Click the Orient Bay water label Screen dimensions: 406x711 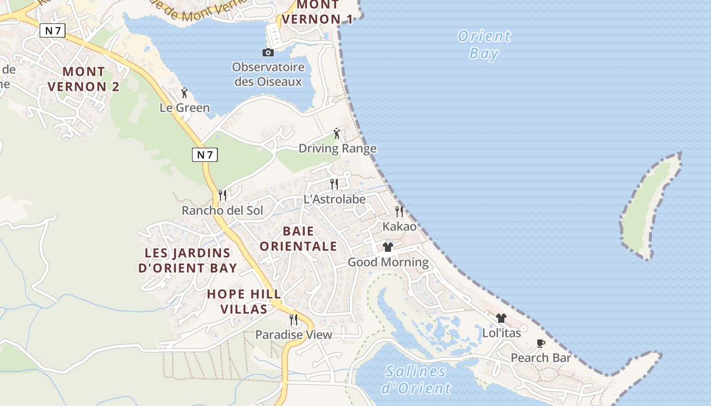483,45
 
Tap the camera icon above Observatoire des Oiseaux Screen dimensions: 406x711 268,52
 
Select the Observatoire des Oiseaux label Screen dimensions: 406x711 268,74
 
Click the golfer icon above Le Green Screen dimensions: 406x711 184,93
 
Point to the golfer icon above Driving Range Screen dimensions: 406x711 337,133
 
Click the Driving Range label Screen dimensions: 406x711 337,148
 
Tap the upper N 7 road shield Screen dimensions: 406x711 53,30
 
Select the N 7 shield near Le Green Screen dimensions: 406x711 205,155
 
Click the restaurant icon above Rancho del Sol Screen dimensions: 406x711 222,195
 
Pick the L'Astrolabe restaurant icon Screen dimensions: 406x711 334,184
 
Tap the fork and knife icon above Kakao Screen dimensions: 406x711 399,211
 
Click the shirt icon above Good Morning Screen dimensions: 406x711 388,247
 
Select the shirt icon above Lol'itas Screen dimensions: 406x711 501,318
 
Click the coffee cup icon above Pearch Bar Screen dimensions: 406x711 541,343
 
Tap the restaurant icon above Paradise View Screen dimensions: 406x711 294,319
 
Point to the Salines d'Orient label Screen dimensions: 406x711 415,380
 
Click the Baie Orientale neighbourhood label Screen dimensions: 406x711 309,239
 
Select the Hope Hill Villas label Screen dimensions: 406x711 244,301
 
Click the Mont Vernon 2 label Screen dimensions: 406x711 83,79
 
